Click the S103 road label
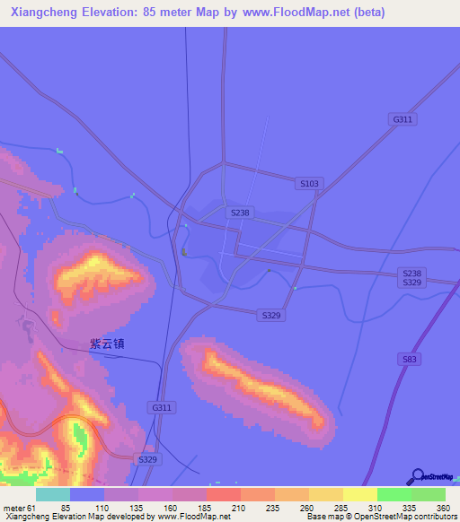click(x=308, y=183)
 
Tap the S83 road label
click(x=410, y=358)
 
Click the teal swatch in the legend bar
click(x=53, y=494)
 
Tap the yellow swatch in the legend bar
click(x=360, y=494)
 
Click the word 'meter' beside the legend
click(x=13, y=507)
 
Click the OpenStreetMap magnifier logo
click(x=417, y=476)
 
